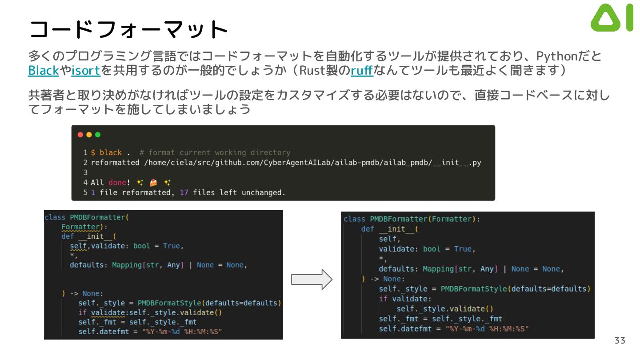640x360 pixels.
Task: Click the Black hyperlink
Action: pos(44,71)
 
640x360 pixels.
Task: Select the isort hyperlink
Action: pos(86,71)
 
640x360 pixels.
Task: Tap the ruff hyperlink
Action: pos(362,71)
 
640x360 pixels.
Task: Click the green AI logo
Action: pos(612,18)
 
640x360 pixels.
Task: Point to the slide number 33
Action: pos(620,340)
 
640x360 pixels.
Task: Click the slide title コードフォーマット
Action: pos(128,30)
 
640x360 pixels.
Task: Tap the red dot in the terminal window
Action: pos(80,135)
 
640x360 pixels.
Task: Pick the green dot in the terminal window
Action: pos(98,135)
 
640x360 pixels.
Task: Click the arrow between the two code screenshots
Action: pos(312,280)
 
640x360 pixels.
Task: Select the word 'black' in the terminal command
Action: pos(111,152)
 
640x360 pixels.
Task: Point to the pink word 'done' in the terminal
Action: pos(117,183)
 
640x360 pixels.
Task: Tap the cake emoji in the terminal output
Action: pos(154,183)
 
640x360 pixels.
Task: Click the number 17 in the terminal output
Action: pos(184,193)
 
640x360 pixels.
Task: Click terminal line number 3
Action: pos(85,172)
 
